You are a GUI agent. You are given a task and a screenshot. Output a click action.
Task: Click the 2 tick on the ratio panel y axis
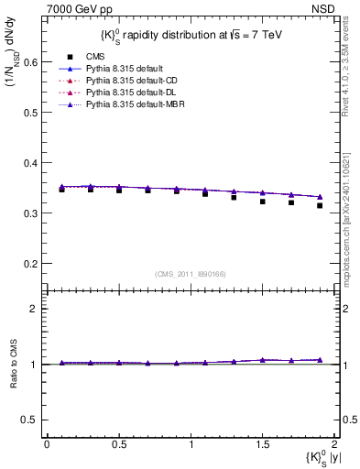[35, 309]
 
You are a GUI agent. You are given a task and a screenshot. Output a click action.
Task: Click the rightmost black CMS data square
[320, 231]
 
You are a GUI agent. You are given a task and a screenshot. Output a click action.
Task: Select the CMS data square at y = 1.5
[262, 226]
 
